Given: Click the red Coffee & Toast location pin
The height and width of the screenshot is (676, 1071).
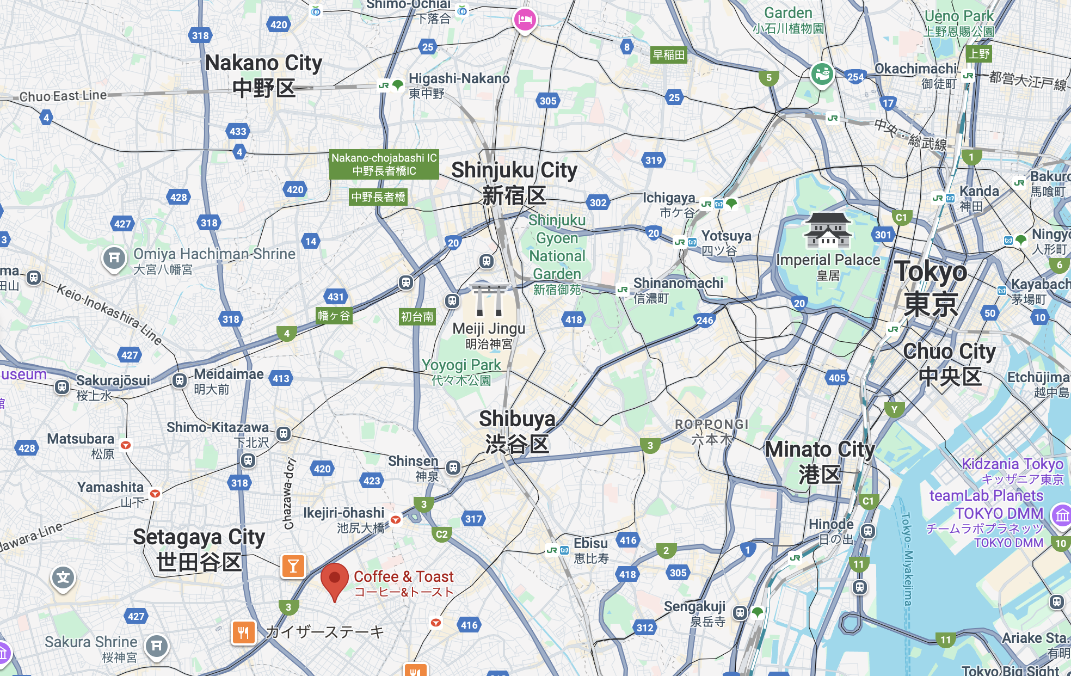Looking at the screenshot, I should click(x=335, y=579).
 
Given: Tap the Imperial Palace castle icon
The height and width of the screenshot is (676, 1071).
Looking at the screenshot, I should click(x=827, y=230).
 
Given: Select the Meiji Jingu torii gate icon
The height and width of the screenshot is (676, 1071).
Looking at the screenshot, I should click(x=489, y=300).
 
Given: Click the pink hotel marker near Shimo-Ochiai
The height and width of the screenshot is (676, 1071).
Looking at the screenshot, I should click(x=525, y=20).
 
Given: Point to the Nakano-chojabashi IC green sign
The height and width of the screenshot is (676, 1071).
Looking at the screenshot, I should click(x=384, y=164).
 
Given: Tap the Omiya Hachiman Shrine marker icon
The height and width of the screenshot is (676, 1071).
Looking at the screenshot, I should click(x=114, y=258).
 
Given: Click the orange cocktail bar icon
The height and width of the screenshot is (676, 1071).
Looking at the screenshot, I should click(x=293, y=566).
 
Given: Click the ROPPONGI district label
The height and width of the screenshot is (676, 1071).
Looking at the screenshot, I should click(x=712, y=425).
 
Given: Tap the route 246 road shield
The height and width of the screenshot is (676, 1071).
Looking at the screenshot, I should click(x=705, y=320).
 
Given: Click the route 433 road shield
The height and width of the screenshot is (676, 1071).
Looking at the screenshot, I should click(x=238, y=131).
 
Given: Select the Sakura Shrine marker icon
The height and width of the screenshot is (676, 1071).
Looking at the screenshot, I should click(x=157, y=646).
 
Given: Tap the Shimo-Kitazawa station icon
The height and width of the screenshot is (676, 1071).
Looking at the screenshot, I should click(x=283, y=434).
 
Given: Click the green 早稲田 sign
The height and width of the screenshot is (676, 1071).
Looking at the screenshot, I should click(x=668, y=55).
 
